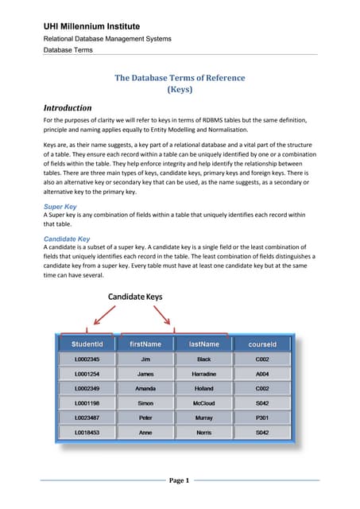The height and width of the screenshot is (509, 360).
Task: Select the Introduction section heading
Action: [x=68, y=107]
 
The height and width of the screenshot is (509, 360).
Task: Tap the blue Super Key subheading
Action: [x=61, y=205]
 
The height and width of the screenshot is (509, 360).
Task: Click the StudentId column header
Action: [x=87, y=344]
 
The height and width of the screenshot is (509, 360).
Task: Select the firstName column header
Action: [x=145, y=344]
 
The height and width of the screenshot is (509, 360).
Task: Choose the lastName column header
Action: [x=203, y=344]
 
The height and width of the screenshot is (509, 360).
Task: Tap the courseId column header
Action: [x=262, y=344]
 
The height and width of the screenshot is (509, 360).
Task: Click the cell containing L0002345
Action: [x=87, y=359]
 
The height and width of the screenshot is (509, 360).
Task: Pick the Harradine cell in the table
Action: [x=203, y=374]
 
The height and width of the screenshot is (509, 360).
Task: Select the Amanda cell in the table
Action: [x=145, y=388]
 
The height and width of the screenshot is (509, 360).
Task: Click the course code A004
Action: [x=262, y=374]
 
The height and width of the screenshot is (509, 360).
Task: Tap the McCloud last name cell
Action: [x=203, y=403]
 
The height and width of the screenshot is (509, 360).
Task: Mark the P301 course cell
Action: [x=262, y=418]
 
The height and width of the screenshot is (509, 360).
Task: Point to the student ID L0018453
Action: [x=87, y=432]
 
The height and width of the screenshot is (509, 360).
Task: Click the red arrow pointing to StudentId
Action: [x=103, y=317]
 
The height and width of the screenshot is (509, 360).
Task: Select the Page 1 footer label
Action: [x=180, y=480]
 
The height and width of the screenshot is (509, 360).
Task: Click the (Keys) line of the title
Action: [x=180, y=90]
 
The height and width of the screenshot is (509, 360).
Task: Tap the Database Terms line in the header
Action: [x=68, y=49]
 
